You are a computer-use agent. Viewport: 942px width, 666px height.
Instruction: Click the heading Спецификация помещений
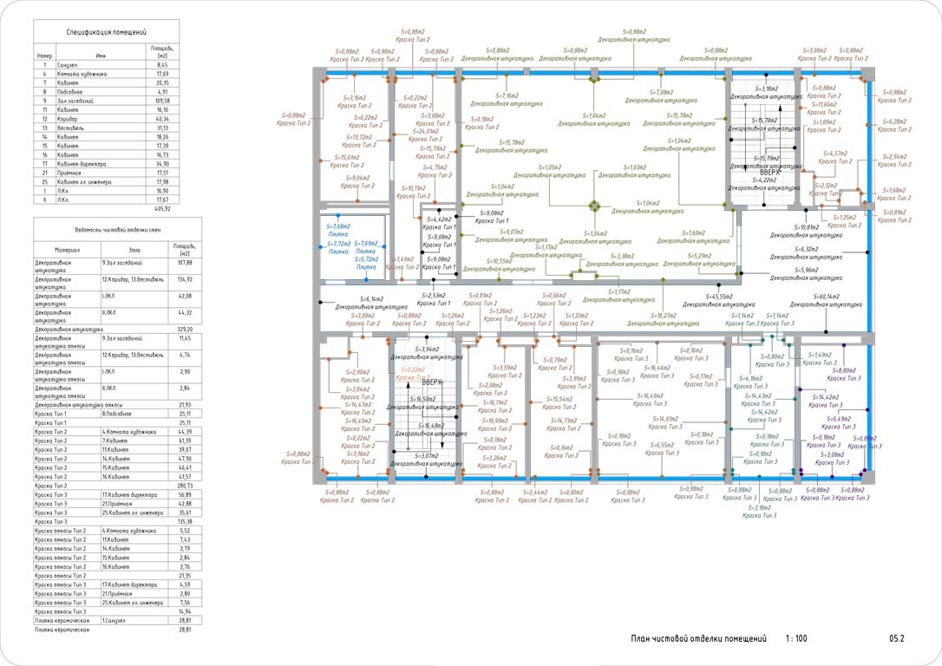106,32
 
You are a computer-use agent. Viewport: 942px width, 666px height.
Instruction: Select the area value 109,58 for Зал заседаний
161,101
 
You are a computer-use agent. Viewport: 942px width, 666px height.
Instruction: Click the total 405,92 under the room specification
162,208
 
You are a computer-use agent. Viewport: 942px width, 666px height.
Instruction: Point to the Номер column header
44,55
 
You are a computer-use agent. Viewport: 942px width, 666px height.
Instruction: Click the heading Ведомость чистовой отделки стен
106,229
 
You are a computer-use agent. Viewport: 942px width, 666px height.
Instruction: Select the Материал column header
67,249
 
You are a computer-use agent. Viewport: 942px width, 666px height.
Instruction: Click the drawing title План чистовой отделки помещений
698,639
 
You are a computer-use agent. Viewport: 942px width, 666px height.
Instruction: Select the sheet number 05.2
896,639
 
